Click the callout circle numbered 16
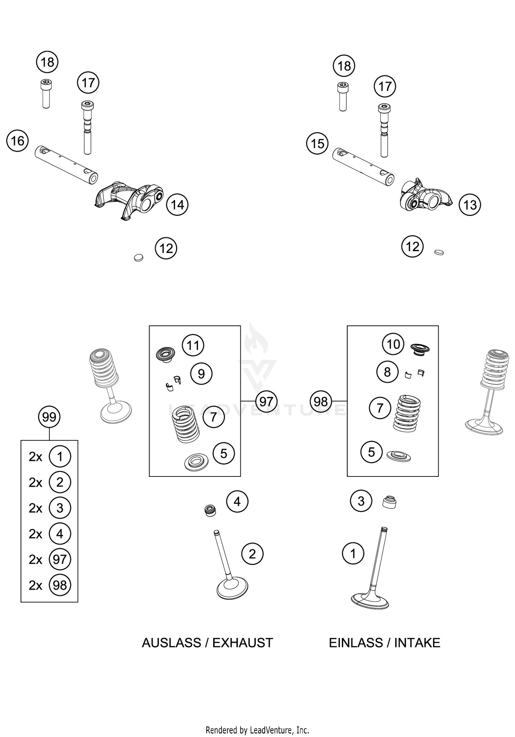(18, 141)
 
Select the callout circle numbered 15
(317, 143)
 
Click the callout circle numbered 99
(49, 417)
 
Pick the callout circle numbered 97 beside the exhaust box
(266, 401)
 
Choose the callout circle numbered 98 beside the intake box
(321, 401)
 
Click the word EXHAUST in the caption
(242, 643)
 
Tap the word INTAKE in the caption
(417, 643)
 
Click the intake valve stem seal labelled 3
(389, 503)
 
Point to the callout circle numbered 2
(252, 554)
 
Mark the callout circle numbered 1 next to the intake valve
(353, 553)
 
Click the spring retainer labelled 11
(165, 354)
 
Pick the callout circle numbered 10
(393, 344)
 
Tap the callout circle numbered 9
(202, 373)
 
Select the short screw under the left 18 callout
(46, 93)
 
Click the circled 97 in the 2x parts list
(60, 560)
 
